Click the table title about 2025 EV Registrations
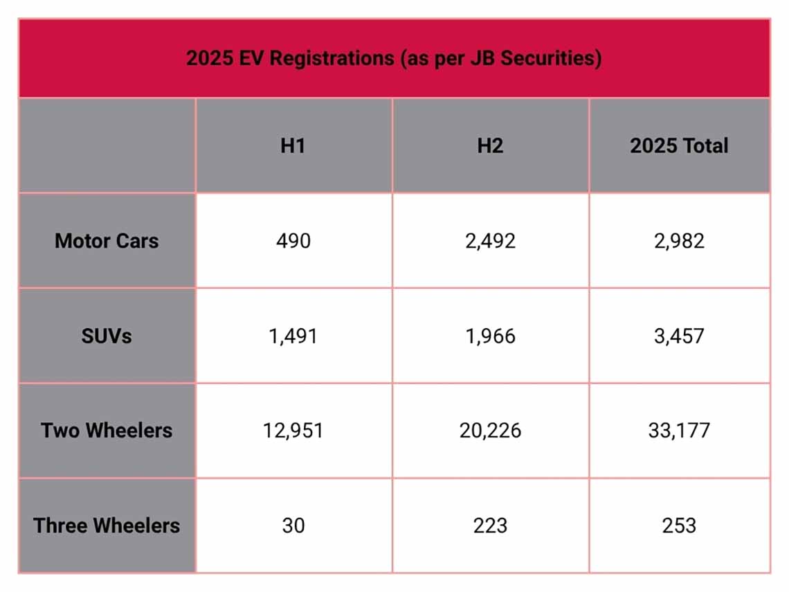tap(394, 58)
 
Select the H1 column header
tap(293, 146)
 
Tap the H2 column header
tap(490, 146)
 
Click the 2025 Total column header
tap(679, 146)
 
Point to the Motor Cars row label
tap(107, 241)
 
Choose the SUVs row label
tap(107, 336)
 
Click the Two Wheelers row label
tap(107, 431)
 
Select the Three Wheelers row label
tap(107, 526)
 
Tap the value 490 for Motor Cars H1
tap(293, 241)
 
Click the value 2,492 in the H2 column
tap(490, 241)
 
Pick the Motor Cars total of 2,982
tap(679, 241)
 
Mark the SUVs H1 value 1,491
tap(293, 337)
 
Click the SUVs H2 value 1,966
tap(490, 337)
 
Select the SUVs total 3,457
tap(679, 337)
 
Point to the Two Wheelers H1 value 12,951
tap(293, 431)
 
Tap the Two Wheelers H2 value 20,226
tap(490, 431)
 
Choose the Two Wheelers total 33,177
tap(679, 431)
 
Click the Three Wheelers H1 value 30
tap(293, 526)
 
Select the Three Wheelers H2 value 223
tap(490, 526)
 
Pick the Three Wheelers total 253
tap(679, 526)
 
